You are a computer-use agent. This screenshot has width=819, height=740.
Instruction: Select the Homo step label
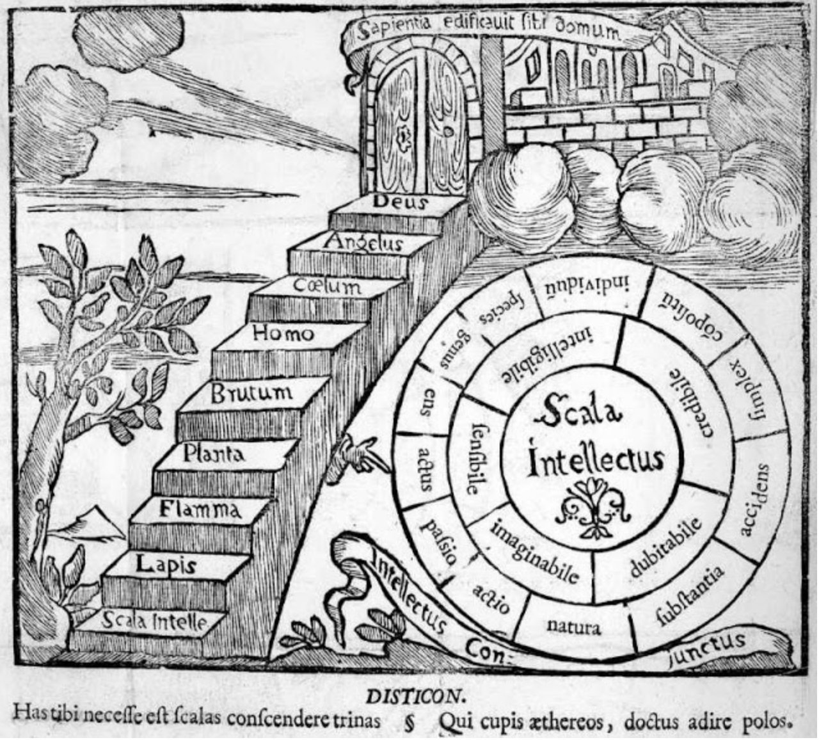pyautogui.click(x=283, y=333)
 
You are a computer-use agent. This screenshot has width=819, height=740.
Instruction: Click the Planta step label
pyautogui.click(x=214, y=454)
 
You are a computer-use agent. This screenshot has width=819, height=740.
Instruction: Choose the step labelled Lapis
pyautogui.click(x=166, y=565)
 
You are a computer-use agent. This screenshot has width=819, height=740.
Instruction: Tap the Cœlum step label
pyautogui.click(x=328, y=285)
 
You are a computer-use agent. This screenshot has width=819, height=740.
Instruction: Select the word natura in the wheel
pyautogui.click(x=575, y=626)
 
